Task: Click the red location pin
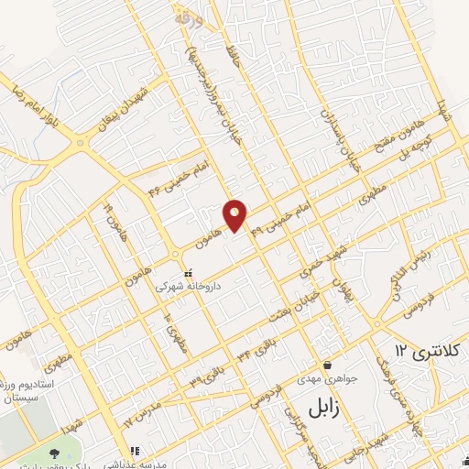[x=235, y=214]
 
